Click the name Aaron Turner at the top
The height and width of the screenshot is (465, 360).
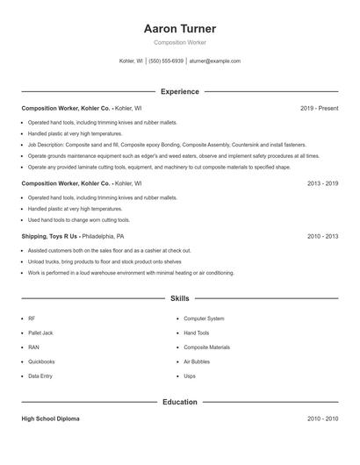(179, 29)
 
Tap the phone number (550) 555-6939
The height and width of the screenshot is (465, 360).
(166, 61)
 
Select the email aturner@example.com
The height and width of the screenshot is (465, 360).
(214, 61)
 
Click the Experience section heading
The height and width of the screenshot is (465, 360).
(179, 91)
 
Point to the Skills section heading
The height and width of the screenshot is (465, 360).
(179, 299)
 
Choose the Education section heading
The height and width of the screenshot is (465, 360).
(179, 402)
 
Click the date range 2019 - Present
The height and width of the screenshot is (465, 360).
(319, 108)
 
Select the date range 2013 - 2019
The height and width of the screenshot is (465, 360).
(322, 183)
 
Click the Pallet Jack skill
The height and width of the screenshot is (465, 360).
(40, 333)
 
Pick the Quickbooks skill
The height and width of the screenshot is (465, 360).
(41, 361)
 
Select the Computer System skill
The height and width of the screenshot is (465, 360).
(204, 318)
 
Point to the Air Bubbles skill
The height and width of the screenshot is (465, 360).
(198, 361)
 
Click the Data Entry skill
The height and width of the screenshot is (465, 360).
(40, 376)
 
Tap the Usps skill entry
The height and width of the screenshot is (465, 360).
(190, 376)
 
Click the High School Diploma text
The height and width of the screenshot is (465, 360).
(50, 419)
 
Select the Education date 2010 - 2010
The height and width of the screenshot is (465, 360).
(322, 419)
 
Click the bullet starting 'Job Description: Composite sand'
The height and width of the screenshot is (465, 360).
(166, 145)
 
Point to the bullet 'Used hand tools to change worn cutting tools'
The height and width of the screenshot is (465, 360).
(78, 220)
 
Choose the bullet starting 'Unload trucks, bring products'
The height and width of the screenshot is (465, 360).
(104, 261)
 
